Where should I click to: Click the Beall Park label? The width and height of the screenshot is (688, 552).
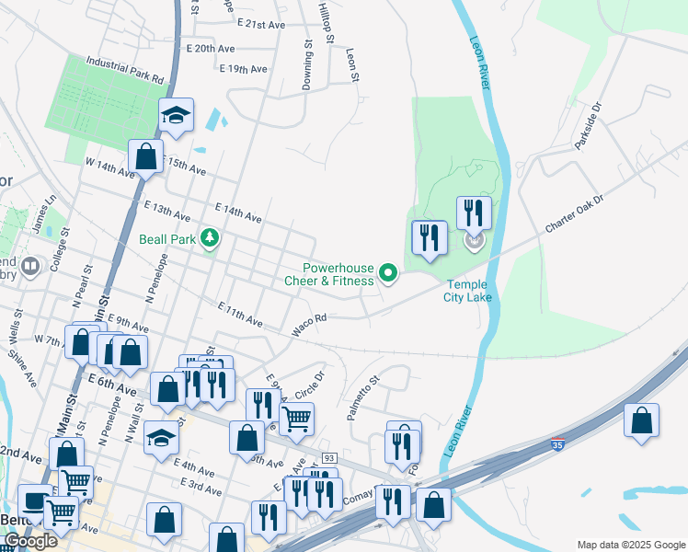click(x=166, y=239)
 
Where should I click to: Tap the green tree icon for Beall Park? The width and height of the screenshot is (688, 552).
click(x=211, y=239)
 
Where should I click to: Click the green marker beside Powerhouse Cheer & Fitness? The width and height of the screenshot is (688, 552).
click(x=388, y=272)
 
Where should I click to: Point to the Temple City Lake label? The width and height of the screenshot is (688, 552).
click(x=469, y=291)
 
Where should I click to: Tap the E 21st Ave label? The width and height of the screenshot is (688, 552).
click(x=262, y=21)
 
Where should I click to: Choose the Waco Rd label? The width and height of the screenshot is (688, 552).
click(x=309, y=324)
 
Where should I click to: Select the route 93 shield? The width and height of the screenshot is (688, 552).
click(x=329, y=458)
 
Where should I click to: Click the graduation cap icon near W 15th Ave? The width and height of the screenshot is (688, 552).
click(x=176, y=115)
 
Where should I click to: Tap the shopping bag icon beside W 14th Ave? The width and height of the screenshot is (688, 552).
click(x=145, y=156)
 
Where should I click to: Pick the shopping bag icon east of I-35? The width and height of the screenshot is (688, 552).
click(x=642, y=420)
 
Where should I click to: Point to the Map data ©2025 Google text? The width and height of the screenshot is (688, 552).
click(x=631, y=545)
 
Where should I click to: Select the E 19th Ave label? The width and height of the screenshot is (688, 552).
click(x=244, y=68)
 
